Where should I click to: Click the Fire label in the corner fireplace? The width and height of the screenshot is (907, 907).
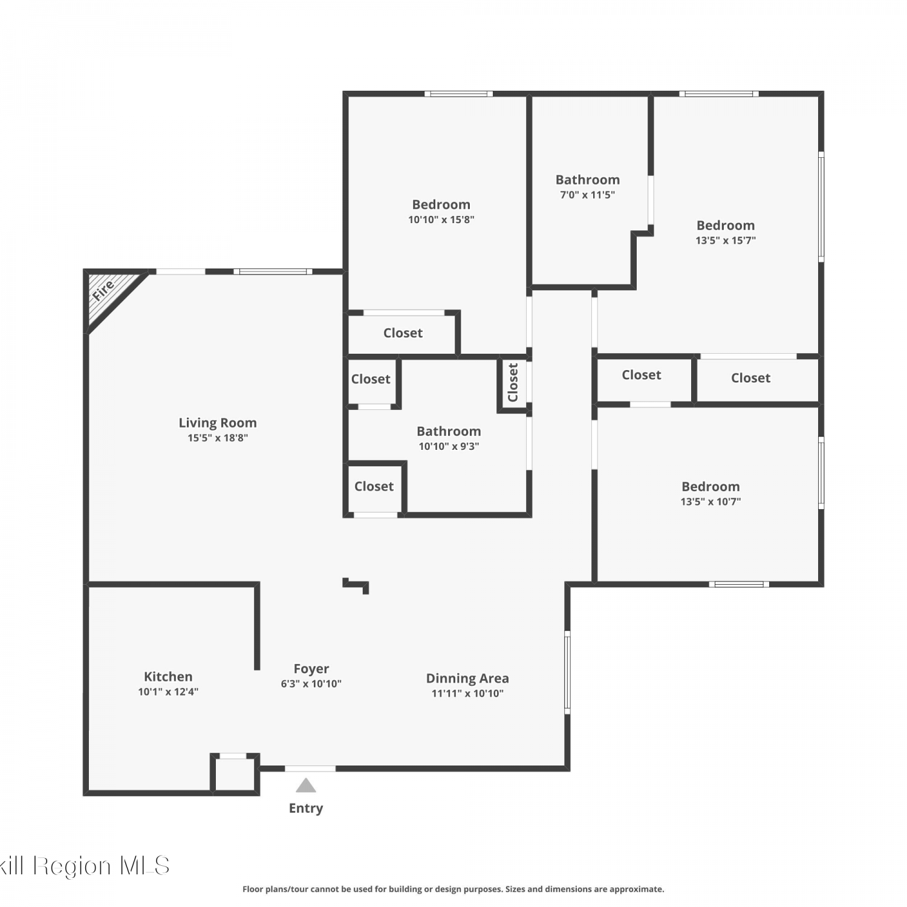click(103, 290)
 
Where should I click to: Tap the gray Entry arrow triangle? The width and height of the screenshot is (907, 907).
click(306, 785)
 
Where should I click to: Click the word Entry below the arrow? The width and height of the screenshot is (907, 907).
click(306, 808)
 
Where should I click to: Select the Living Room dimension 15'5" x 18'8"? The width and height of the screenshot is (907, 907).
click(218, 438)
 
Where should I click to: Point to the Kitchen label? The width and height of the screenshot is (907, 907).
click(168, 677)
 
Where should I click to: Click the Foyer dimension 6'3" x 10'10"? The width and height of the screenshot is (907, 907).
click(311, 684)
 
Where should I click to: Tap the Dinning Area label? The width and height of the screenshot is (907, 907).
click(467, 678)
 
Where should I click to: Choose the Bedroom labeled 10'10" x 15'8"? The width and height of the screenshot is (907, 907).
click(441, 204)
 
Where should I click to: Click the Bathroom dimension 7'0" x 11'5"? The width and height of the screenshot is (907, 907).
click(588, 195)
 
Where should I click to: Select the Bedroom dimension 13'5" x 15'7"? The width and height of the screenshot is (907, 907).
click(726, 240)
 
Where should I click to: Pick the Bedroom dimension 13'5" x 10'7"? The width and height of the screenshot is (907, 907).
click(710, 501)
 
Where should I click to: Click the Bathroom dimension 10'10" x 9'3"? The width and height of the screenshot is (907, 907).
click(449, 446)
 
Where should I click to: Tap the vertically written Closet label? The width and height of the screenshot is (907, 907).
click(513, 382)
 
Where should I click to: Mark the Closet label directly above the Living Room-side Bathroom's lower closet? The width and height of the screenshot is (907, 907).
click(371, 379)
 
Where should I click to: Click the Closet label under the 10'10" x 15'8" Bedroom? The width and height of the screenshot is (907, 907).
click(403, 333)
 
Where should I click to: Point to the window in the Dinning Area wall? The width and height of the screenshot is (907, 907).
click(567, 672)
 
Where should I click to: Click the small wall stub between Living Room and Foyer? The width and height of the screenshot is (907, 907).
click(356, 585)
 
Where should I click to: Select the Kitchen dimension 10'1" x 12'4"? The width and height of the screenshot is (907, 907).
click(168, 692)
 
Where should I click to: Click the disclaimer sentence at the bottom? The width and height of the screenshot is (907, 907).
click(453, 889)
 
